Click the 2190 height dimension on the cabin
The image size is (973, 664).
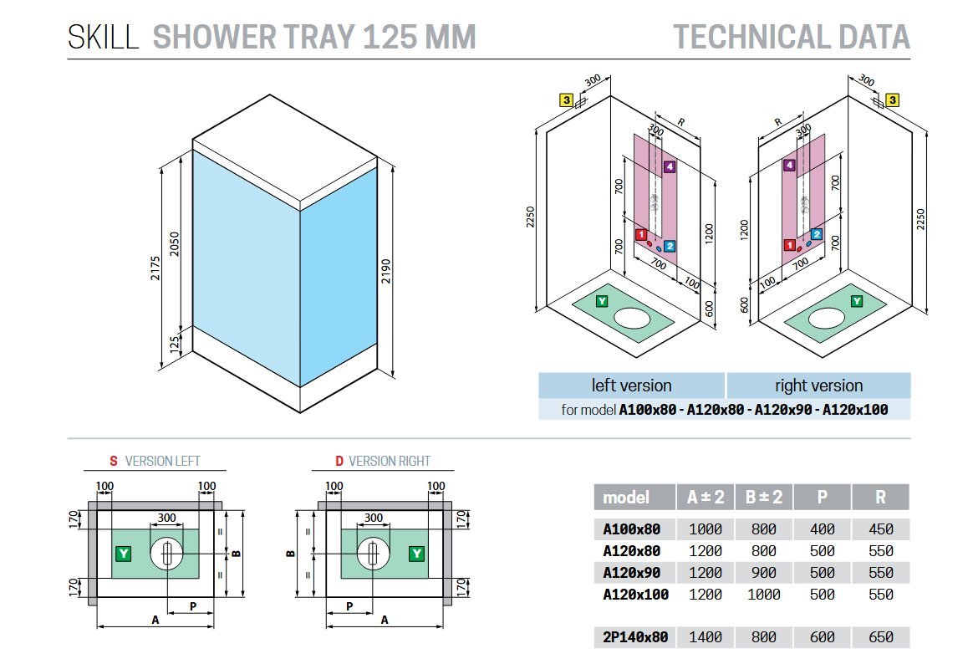click(386, 271)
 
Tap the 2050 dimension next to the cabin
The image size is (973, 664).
click(175, 244)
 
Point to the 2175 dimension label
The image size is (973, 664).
click(155, 268)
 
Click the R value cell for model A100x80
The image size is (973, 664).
click(880, 529)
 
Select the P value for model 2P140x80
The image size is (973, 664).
click(823, 637)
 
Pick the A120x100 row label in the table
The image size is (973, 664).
click(635, 595)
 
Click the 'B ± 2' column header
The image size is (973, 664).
click(764, 497)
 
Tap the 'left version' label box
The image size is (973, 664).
click(632, 386)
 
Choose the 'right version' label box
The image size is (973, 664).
click(818, 386)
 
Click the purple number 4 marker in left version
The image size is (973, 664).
click(669, 166)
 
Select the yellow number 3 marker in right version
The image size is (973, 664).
click(892, 100)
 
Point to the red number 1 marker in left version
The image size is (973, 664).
click(641, 234)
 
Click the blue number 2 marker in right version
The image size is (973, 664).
click(817, 234)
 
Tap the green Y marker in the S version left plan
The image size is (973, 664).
click(124, 554)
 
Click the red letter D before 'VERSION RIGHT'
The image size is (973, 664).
click(339, 461)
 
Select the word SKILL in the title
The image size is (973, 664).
click(103, 38)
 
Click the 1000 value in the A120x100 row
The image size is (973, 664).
click(764, 595)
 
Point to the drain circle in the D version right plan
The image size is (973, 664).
click(373, 554)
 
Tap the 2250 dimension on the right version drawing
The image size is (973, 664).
click(921, 219)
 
